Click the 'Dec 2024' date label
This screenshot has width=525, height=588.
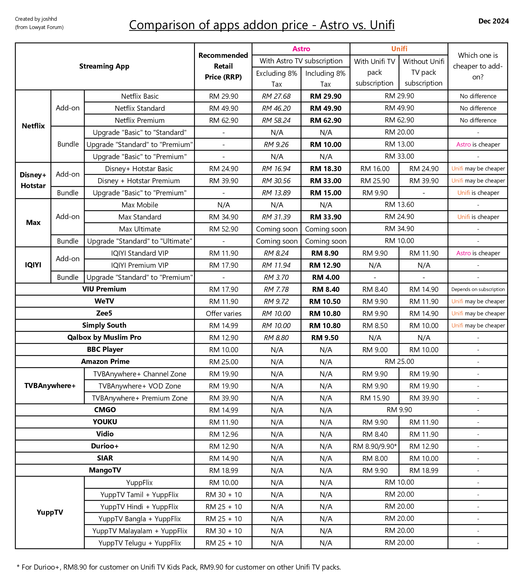(493, 21)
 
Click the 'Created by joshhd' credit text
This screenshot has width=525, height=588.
(36, 19)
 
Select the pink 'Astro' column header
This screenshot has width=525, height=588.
(301, 49)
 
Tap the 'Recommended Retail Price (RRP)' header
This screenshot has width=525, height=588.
(223, 66)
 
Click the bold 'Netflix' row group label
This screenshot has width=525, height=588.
(33, 126)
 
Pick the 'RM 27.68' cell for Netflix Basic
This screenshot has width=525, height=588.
(276, 96)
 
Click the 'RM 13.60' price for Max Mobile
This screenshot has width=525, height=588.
(399, 205)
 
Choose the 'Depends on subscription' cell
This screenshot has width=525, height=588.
(478, 289)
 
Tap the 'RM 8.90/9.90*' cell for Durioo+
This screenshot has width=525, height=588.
(375, 446)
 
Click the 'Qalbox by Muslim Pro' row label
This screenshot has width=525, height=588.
(104, 337)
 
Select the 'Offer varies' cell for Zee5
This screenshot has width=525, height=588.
(223, 314)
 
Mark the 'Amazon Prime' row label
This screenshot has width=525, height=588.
(105, 362)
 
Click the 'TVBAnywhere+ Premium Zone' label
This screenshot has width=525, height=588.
(140, 398)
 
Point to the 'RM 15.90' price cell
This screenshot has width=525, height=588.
(375, 398)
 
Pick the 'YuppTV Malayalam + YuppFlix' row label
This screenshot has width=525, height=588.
(140, 531)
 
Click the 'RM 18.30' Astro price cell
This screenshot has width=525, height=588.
(326, 169)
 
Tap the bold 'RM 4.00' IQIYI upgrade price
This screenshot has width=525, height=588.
(326, 277)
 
